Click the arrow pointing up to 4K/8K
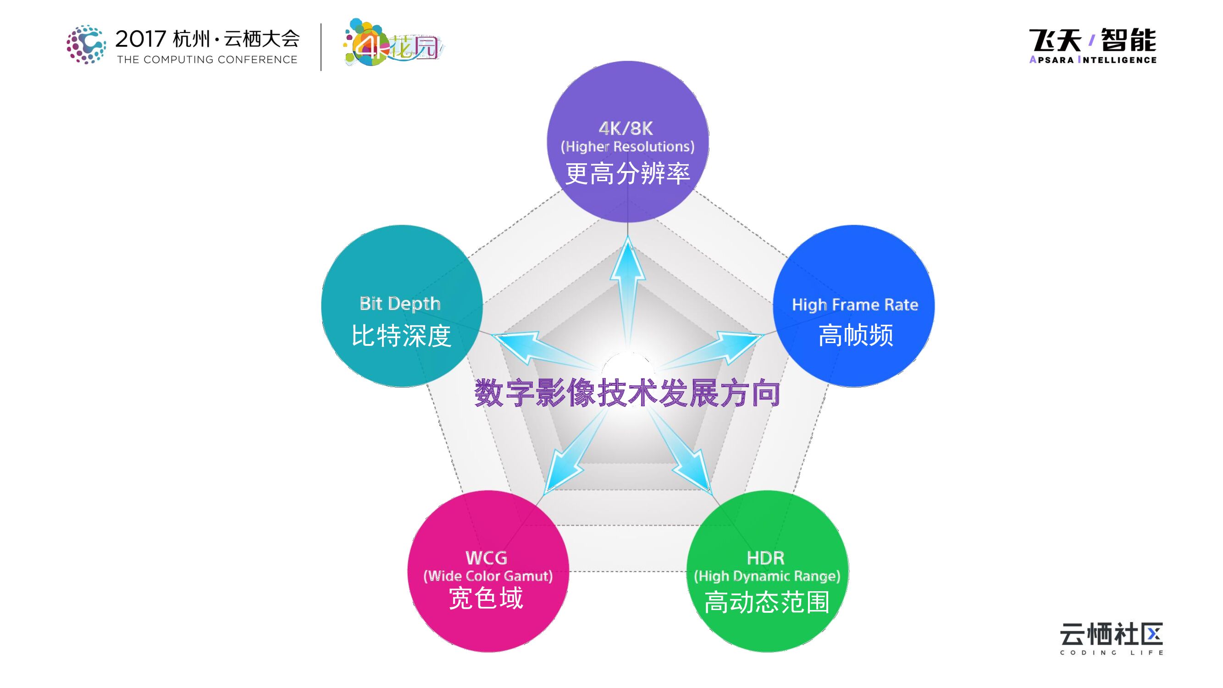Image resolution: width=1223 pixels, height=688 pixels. point(628,285)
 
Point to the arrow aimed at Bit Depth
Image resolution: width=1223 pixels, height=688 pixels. point(532,347)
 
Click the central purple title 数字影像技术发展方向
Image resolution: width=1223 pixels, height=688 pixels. point(628,393)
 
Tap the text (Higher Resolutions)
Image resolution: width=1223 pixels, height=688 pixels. point(628,147)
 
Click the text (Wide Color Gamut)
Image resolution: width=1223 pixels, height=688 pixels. point(488,576)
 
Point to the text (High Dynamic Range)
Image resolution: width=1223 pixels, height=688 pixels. point(767,576)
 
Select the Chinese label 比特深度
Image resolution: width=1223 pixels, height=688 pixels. point(402,336)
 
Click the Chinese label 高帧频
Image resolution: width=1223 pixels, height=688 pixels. point(856,335)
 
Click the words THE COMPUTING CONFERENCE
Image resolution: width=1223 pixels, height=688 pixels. point(207,60)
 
